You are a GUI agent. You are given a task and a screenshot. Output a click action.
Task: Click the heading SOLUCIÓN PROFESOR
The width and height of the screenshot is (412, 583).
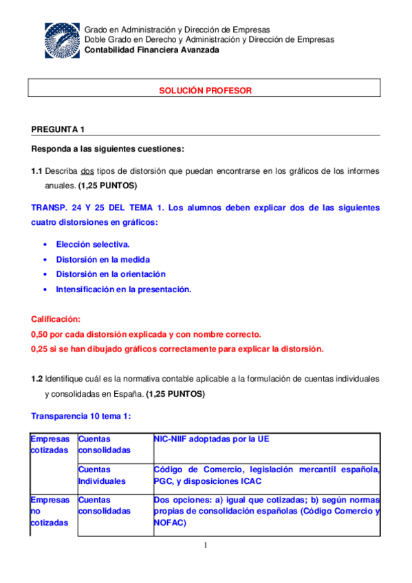click(x=206, y=90)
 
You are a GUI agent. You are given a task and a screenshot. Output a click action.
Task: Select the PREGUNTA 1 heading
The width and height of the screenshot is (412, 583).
click(x=58, y=129)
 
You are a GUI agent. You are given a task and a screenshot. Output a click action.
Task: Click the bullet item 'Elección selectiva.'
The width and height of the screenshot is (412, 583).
click(x=93, y=244)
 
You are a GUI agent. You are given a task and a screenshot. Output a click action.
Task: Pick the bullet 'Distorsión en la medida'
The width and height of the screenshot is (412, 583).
click(x=102, y=259)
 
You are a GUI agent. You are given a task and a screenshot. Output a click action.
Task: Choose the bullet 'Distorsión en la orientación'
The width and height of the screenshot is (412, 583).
click(x=111, y=274)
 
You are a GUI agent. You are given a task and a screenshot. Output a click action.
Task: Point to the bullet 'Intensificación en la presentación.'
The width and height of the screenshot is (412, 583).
click(x=123, y=289)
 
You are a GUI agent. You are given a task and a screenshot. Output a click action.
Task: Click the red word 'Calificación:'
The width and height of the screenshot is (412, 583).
click(x=56, y=320)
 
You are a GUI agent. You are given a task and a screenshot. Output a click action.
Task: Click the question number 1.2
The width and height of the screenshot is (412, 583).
click(x=37, y=379)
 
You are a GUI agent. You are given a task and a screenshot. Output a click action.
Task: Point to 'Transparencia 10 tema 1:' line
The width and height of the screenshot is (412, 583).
click(x=81, y=417)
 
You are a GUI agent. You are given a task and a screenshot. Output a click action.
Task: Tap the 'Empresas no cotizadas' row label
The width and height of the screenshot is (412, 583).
click(x=50, y=511)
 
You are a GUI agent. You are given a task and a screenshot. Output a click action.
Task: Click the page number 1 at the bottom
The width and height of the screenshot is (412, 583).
click(x=205, y=546)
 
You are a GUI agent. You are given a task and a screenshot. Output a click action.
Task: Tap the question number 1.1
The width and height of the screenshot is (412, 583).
click(x=37, y=170)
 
